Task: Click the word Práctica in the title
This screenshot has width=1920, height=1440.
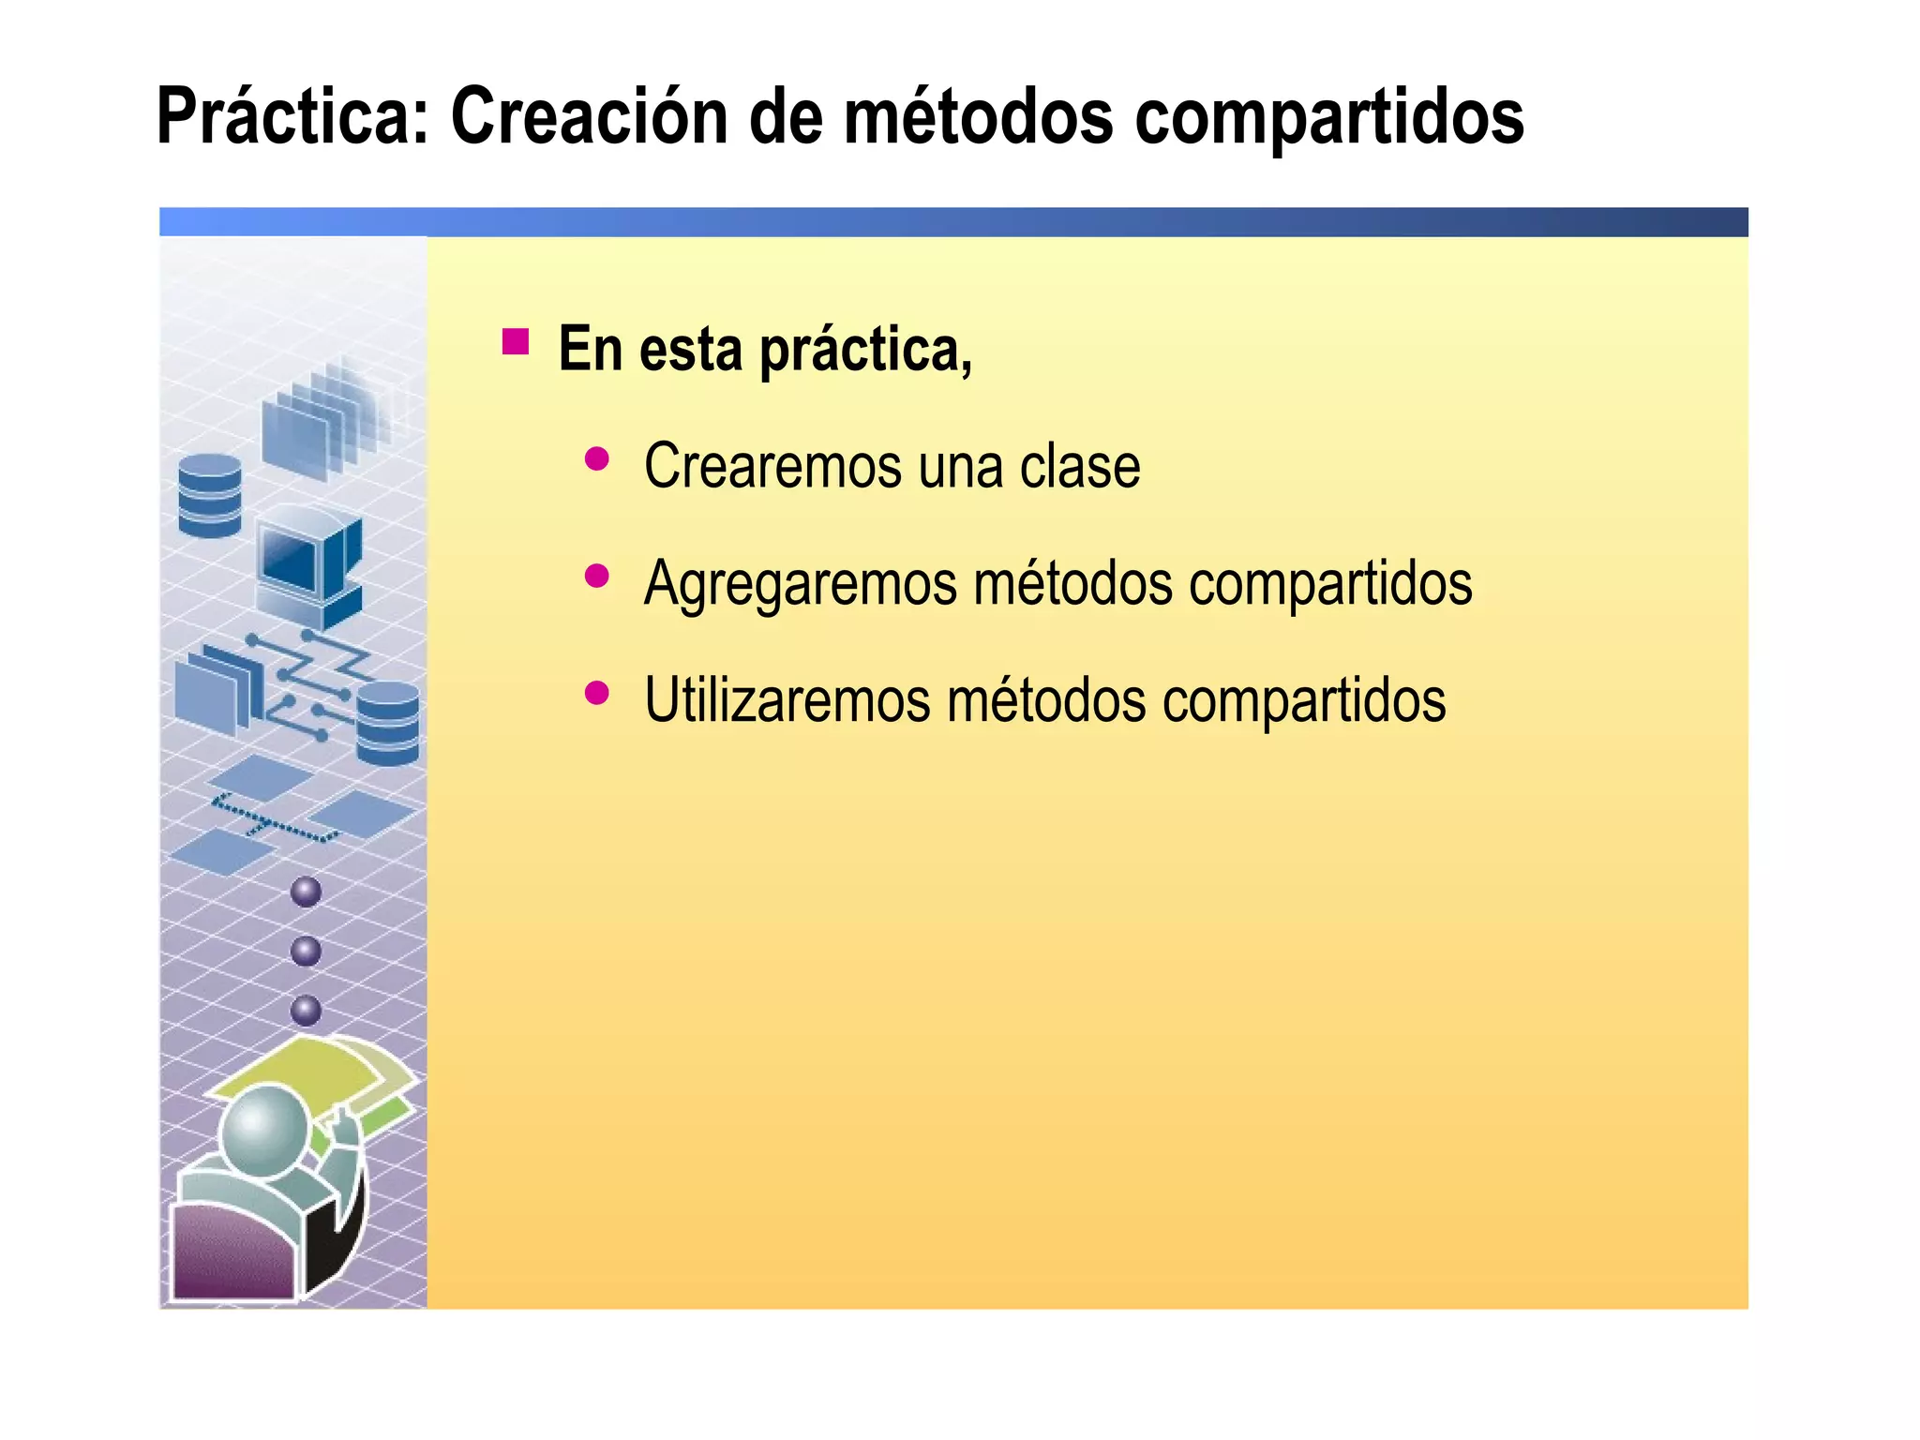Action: (292, 117)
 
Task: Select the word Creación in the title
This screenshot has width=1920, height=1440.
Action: (589, 117)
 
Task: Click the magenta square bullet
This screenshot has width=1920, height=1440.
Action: (515, 341)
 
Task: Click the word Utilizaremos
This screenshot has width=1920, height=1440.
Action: (787, 700)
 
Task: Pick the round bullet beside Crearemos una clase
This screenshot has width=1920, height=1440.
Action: (596, 459)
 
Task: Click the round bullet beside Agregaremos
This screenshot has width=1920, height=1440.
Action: (596, 576)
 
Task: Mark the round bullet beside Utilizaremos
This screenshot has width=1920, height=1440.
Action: (596, 693)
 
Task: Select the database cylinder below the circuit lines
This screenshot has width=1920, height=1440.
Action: (387, 723)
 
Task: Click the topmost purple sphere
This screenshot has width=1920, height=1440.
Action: (306, 892)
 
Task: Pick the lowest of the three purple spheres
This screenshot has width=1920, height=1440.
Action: (306, 1011)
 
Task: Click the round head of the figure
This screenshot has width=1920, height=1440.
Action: (264, 1131)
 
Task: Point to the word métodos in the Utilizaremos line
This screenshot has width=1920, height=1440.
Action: (1046, 700)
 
